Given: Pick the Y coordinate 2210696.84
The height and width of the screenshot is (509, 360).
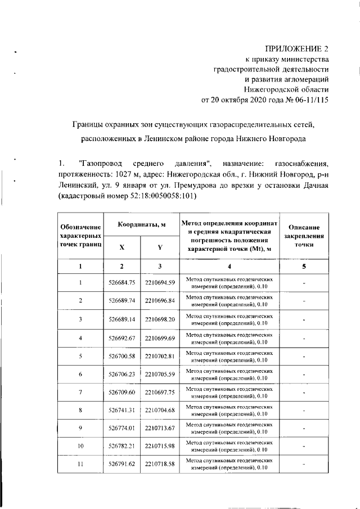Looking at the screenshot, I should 160,300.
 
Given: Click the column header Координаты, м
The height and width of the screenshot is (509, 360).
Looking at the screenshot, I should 141,224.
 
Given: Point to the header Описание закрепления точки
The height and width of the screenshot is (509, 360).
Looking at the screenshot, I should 304,236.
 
